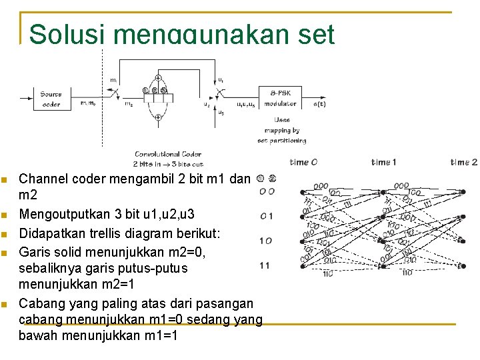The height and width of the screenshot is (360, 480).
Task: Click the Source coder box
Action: [x=51, y=99]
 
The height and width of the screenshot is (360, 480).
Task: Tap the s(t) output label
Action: [x=319, y=104]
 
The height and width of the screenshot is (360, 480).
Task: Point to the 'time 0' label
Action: [x=304, y=162]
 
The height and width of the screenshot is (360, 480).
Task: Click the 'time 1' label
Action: [x=384, y=162]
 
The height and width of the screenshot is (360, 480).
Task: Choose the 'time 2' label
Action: [x=464, y=162]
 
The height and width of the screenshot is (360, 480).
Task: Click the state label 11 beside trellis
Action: [x=265, y=265]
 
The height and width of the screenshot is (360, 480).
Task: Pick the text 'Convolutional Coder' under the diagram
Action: [x=169, y=154]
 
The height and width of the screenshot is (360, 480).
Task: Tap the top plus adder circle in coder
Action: [x=158, y=77]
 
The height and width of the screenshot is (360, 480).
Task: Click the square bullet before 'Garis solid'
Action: [x=5, y=253]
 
